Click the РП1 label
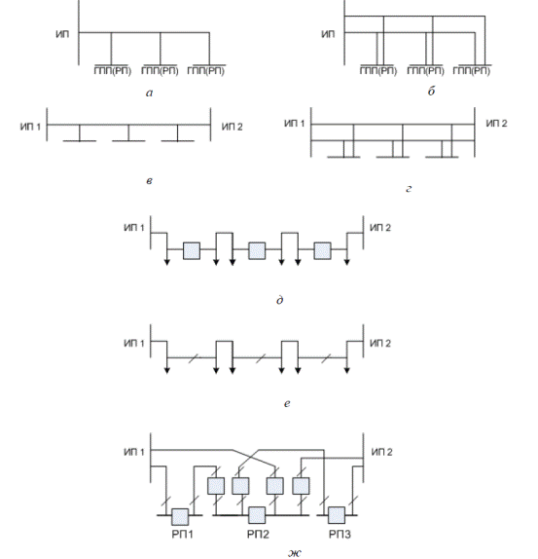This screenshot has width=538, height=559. click(x=182, y=534)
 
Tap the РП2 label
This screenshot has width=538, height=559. click(x=258, y=534)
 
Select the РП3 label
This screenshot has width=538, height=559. click(x=340, y=534)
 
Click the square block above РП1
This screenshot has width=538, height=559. click(x=180, y=516)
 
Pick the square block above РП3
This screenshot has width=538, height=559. click(x=337, y=515)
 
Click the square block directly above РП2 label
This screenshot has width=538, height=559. click(x=257, y=515)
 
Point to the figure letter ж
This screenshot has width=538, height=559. click(x=295, y=552)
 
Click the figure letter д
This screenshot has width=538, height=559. click(x=280, y=300)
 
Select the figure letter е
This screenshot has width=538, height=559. click(x=287, y=403)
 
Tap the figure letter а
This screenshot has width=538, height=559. click(x=150, y=93)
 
